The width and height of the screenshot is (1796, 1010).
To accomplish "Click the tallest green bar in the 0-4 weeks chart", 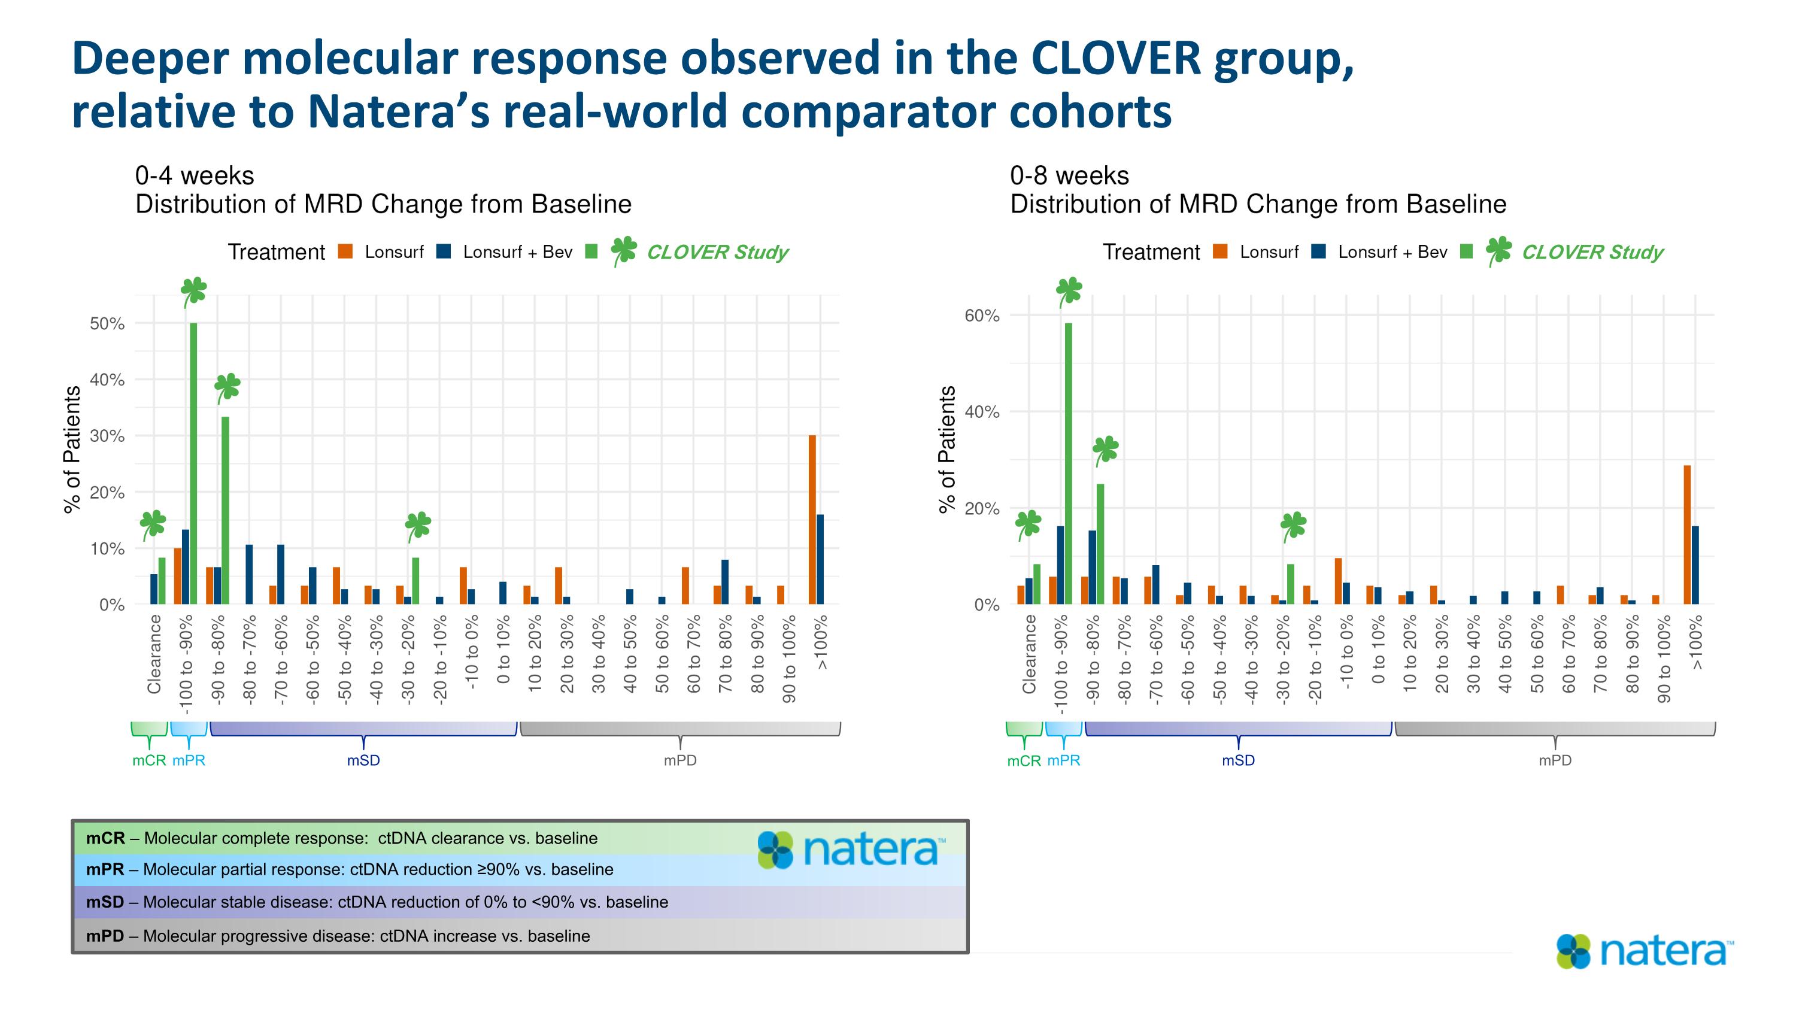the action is point(193,463).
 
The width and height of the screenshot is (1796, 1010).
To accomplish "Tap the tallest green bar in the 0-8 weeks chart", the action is point(1068,463).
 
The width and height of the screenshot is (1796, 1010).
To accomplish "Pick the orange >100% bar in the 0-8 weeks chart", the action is point(1687,535).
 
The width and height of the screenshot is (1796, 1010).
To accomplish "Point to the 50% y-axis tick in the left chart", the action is point(107,323).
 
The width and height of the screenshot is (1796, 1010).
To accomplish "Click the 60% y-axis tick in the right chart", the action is point(982,316).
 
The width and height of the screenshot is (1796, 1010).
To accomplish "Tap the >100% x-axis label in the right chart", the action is point(1695,642).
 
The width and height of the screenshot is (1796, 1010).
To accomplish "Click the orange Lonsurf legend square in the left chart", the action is point(345,251).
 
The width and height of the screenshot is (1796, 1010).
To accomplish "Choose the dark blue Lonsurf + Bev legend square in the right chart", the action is point(1318,251).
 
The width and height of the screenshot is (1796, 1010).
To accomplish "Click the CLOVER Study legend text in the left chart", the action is point(717,252).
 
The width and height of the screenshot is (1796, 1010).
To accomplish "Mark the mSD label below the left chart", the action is point(363,760).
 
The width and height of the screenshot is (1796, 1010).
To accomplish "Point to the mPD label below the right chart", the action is point(1555,760).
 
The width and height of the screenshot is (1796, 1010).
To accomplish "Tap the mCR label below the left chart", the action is point(149,760).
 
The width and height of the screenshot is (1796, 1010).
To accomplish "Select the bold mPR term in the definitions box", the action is point(105,870).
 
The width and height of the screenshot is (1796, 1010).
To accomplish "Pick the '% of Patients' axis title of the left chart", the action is point(72,450).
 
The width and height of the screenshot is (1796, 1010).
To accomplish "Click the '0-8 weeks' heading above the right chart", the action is point(1069,175).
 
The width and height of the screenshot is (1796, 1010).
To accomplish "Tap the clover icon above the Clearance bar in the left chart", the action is point(153,524).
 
